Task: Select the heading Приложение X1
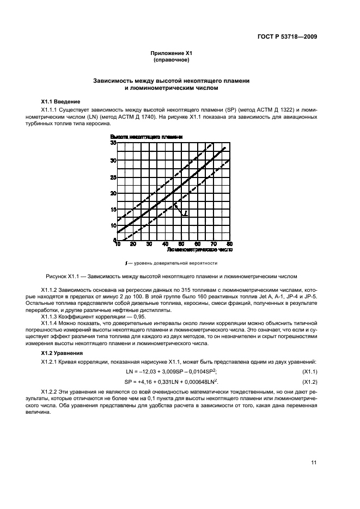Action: pos(172,53)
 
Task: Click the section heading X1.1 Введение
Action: pos(61,102)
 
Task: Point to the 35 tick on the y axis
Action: pos(113,143)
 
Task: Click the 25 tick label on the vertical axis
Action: pos(113,177)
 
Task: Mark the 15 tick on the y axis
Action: pos(113,210)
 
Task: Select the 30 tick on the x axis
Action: pos(149,244)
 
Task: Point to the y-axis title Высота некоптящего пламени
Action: pos(146,137)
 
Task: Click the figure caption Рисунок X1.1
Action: pos(172,276)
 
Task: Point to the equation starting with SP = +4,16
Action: pos(172,381)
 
